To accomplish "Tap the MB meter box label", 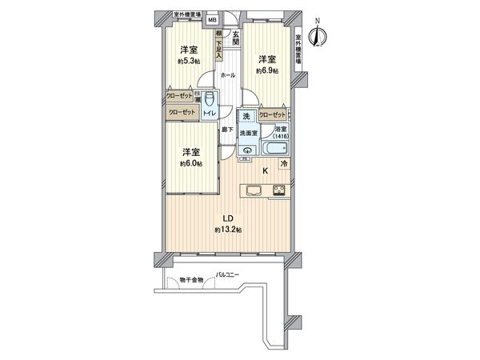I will [x=213, y=22].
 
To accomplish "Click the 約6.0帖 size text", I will [x=190, y=163].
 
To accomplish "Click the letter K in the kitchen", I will [x=266, y=170].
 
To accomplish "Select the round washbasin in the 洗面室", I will [x=248, y=150].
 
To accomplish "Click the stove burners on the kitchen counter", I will [x=279, y=190].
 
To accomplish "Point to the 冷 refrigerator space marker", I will [x=284, y=165].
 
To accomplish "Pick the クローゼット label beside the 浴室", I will [x=272, y=114].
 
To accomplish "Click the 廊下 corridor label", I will [x=227, y=130].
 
